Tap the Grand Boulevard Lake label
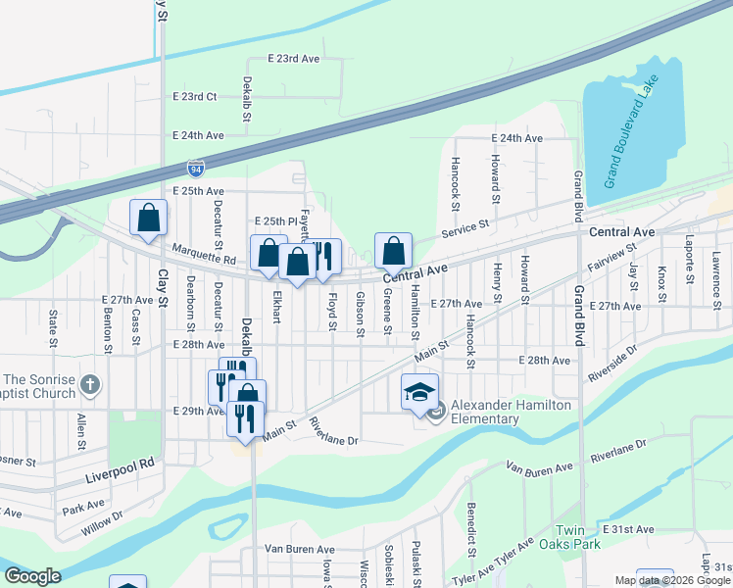coord(636,126)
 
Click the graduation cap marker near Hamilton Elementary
coord(419,393)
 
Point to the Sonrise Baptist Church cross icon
coord(89,385)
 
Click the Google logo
coord(33,576)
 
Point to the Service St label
coord(464,226)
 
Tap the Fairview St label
coord(611,258)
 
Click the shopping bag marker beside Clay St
coord(148,219)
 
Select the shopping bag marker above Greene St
coord(393,250)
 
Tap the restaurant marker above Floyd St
coord(326,257)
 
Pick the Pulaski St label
coord(416,563)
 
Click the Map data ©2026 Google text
coord(672,580)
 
